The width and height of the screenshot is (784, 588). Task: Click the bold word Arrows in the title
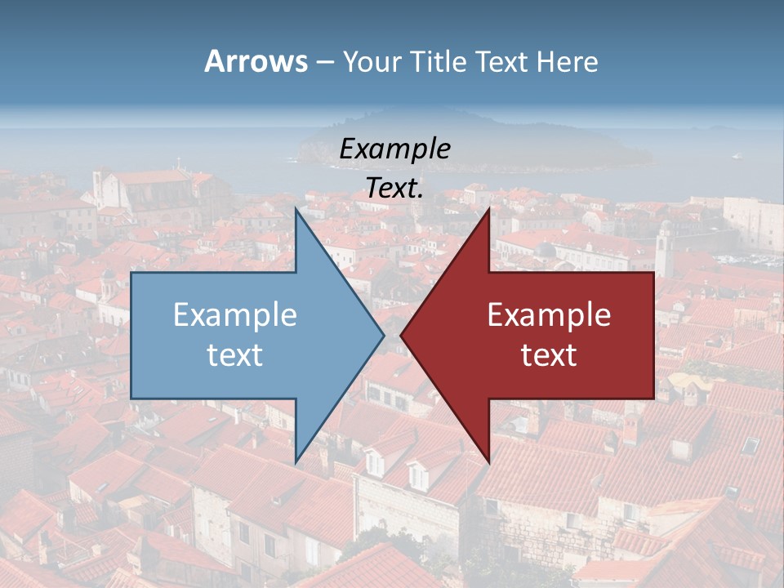[x=256, y=61]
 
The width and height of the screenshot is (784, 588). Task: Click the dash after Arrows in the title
[x=324, y=62]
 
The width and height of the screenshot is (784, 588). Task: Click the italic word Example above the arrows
[x=394, y=149]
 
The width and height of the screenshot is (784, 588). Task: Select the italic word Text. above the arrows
[x=394, y=189]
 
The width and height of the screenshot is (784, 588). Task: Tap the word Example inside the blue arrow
[x=235, y=314]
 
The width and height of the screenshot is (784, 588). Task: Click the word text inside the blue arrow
[x=235, y=354]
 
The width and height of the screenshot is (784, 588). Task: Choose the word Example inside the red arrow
[x=549, y=314]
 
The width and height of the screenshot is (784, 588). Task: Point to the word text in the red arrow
[x=549, y=354]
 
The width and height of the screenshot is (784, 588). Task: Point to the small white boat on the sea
[x=737, y=155]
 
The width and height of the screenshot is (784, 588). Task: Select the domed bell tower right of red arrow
[x=664, y=245]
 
